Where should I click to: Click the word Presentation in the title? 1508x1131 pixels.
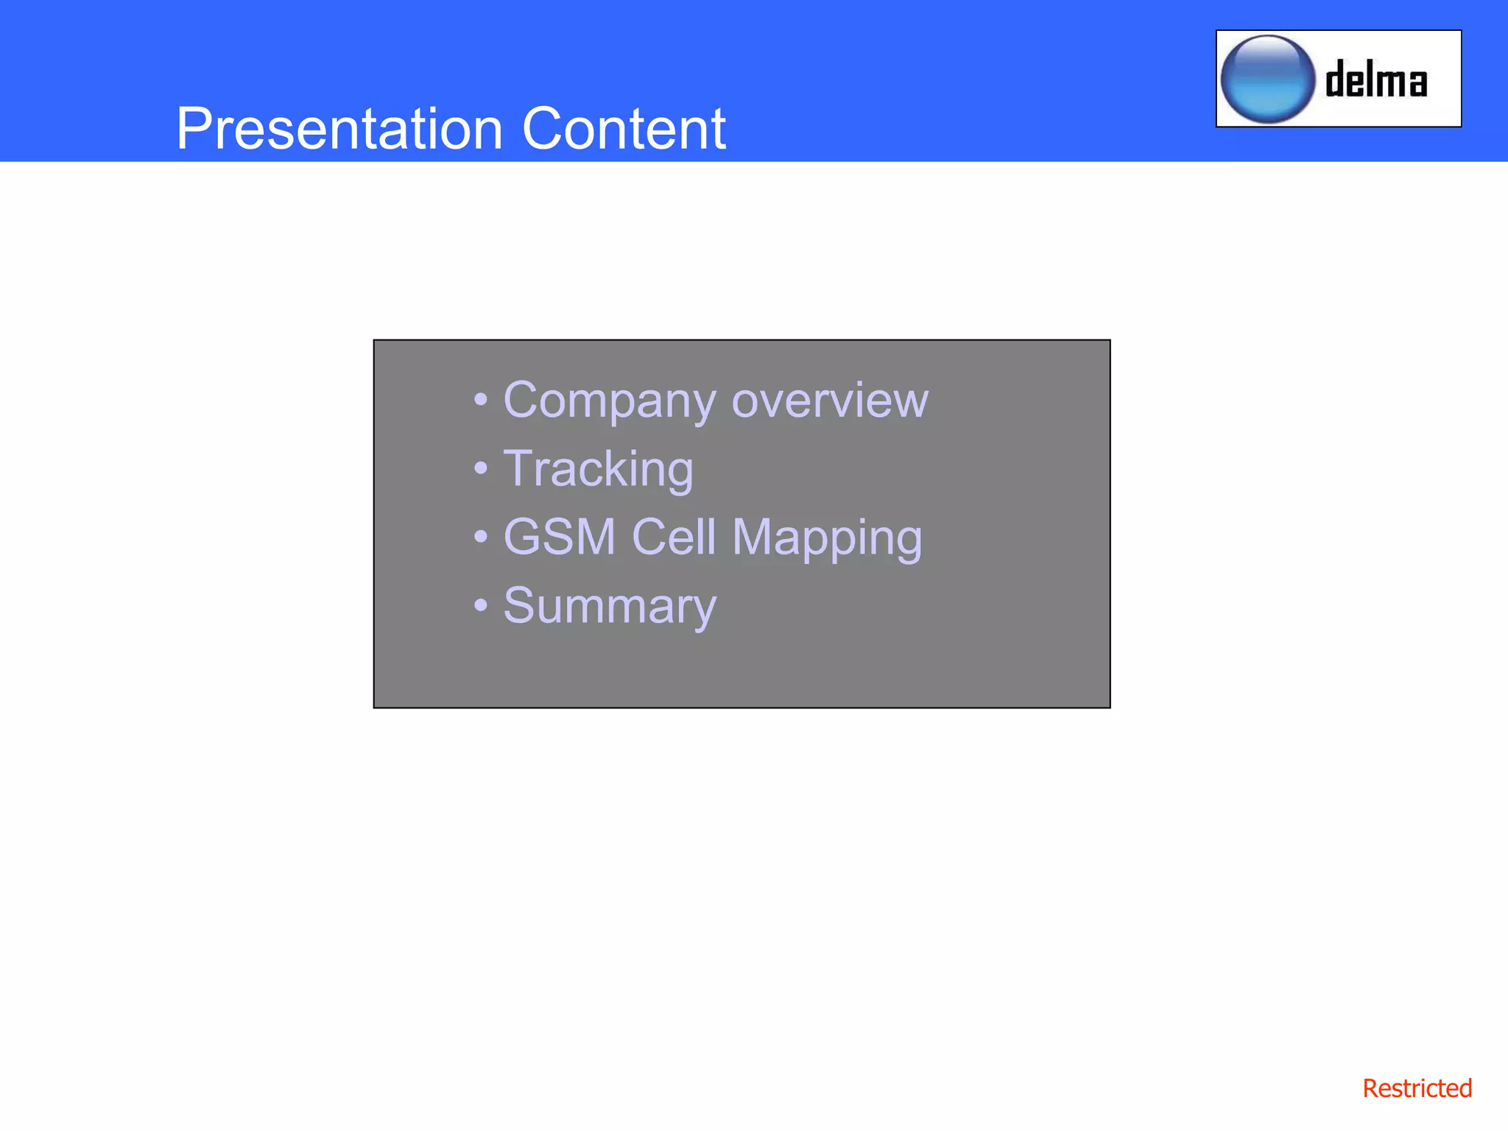[339, 129]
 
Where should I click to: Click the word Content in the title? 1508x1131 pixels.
[624, 129]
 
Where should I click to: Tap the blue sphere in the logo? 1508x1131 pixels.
[1267, 79]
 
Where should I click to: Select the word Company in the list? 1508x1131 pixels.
[609, 401]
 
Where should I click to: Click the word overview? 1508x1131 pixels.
[830, 401]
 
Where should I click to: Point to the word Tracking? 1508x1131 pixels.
[598, 469]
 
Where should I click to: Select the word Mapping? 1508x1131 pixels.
[826, 538]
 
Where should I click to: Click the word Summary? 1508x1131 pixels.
[610, 606]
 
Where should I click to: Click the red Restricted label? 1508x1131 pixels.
[1417, 1088]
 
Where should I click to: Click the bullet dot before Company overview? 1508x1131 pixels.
[481, 400]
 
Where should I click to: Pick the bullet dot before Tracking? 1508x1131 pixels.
[481, 468]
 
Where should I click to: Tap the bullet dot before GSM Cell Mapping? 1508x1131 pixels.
[481, 537]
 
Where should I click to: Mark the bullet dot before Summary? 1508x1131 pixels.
[481, 605]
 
